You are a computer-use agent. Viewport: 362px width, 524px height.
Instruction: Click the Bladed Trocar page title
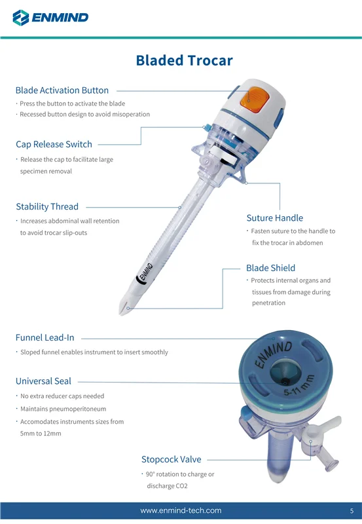tap(184, 60)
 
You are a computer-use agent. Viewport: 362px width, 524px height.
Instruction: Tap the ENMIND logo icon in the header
tap(21, 18)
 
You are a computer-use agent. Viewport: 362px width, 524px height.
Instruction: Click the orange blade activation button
tap(255, 97)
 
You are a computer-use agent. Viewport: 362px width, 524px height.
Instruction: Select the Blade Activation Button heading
tap(62, 90)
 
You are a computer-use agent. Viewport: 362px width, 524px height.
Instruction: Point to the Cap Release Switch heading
tap(54, 144)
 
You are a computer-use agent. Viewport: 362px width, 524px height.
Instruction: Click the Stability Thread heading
tap(47, 206)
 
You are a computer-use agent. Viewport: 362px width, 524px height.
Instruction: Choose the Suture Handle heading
tap(275, 218)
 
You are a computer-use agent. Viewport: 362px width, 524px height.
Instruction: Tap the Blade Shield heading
tap(270, 268)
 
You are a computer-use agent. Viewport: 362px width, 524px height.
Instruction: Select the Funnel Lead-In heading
tap(45, 337)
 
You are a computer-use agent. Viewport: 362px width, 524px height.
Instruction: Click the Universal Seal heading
tap(43, 381)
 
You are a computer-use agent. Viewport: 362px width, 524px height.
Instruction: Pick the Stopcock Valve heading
tap(172, 460)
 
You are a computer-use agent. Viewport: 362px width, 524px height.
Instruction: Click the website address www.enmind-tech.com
tap(181, 511)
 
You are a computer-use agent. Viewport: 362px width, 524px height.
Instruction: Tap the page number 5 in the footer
tap(352, 511)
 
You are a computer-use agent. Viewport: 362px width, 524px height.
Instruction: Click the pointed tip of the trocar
tap(120, 314)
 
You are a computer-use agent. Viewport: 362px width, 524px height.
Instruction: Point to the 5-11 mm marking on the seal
tap(299, 385)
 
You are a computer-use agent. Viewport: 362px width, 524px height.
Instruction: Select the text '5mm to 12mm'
tap(41, 434)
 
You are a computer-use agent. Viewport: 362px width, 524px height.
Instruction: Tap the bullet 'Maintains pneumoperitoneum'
tap(63, 409)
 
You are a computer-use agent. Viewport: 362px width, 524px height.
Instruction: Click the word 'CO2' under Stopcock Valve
tap(182, 486)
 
